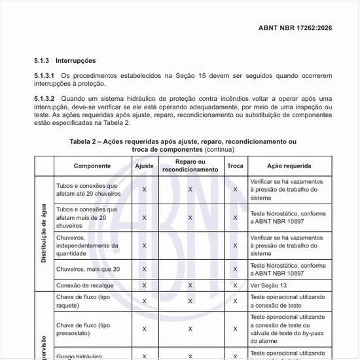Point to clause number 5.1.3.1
(45, 76)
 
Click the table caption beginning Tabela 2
(183, 141)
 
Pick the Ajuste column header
(144, 166)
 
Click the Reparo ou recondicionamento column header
(190, 166)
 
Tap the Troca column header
(235, 166)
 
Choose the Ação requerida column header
(289, 166)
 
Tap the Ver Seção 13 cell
(270, 285)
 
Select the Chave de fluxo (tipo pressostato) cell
(83, 329)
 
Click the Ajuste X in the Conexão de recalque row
(144, 285)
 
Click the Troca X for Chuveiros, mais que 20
(235, 269)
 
